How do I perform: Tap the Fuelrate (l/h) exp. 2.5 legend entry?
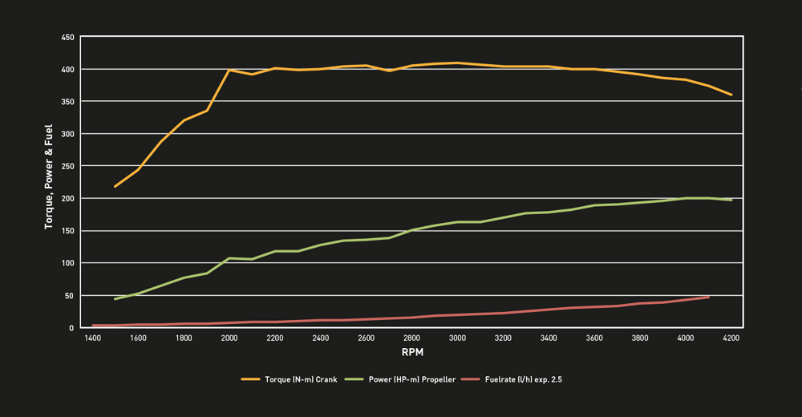(x=525, y=379)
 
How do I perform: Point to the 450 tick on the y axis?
(x=68, y=38)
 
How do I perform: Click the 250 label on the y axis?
(x=68, y=166)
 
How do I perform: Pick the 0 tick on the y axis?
(x=72, y=328)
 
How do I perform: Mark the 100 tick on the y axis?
(x=68, y=263)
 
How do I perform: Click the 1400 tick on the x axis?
(x=92, y=338)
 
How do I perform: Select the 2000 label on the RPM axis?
(x=229, y=338)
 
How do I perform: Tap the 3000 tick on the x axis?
(x=457, y=338)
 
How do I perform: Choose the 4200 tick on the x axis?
(x=731, y=338)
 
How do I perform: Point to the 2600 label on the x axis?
(x=367, y=338)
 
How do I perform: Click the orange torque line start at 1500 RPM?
(x=115, y=186)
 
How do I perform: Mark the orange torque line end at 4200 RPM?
(x=731, y=95)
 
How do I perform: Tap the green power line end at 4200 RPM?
(x=731, y=200)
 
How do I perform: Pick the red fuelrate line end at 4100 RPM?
(x=708, y=298)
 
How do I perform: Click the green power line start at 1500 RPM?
(x=115, y=299)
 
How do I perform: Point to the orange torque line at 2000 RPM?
(x=229, y=70)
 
